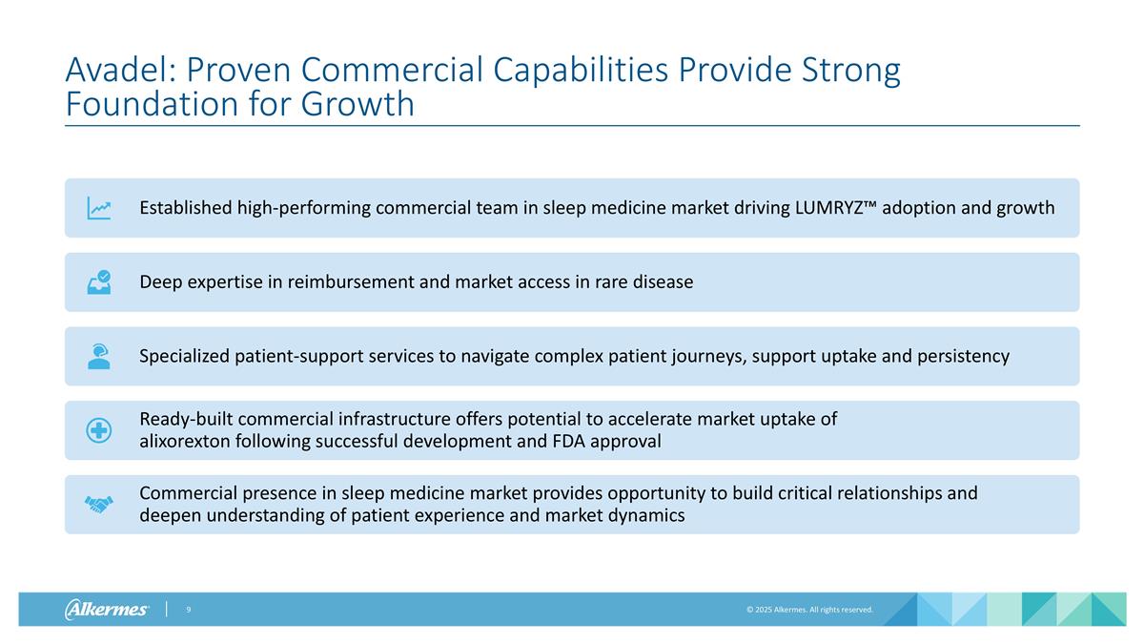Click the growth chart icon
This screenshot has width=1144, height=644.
tap(99, 208)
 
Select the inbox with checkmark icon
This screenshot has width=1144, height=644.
tap(99, 282)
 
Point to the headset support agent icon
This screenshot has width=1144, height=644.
tap(99, 356)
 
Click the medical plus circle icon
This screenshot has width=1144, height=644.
tap(99, 430)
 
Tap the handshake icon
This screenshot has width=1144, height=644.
tap(99, 505)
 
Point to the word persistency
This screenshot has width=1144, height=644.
tap(963, 357)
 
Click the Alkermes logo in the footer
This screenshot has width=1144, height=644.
tap(107, 610)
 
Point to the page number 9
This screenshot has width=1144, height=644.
tap(189, 610)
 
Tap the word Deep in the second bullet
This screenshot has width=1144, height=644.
tap(159, 282)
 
